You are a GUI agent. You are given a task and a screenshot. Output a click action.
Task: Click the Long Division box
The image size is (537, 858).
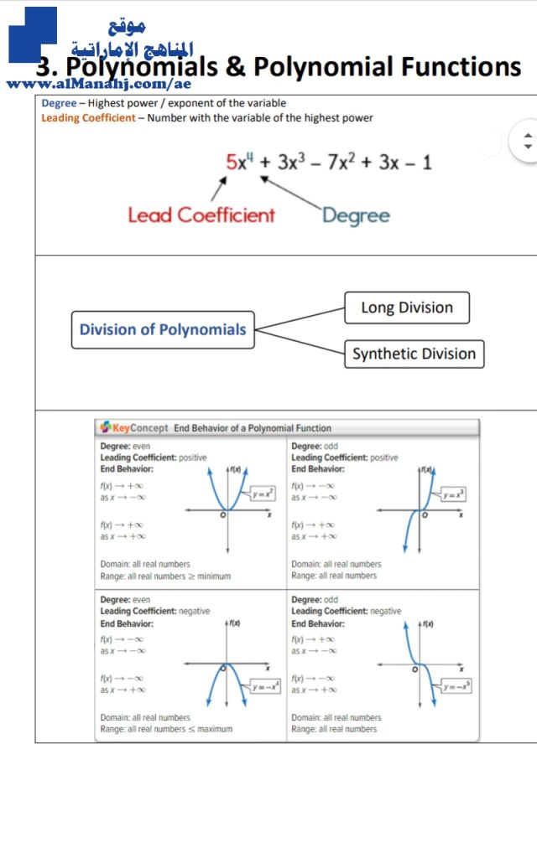point(407,308)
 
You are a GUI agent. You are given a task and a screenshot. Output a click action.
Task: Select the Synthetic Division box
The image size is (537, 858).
point(414,354)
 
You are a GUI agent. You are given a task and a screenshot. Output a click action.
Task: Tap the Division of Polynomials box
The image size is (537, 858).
point(163,329)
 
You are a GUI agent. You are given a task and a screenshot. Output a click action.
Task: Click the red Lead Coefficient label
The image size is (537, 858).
point(201,215)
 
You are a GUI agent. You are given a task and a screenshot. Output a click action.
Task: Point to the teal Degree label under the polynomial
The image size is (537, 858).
point(356,215)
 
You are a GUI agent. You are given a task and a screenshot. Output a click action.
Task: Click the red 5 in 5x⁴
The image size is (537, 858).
point(232,162)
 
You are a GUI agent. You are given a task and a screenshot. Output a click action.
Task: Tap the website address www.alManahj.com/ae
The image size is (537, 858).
point(99,84)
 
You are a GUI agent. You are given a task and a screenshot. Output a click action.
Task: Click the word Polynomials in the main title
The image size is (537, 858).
point(154,67)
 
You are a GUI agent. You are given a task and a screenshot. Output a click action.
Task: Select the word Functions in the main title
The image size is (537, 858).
point(453,67)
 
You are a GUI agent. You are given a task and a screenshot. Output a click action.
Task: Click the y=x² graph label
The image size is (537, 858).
point(263,494)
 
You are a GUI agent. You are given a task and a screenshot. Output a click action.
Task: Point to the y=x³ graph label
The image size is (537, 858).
point(454,494)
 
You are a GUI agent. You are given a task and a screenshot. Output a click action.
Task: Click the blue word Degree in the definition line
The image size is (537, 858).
point(59,103)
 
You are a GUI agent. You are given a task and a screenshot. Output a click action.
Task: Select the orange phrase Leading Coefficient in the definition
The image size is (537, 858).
point(88,118)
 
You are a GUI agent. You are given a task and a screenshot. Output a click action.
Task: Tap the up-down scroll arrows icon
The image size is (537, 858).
point(527,141)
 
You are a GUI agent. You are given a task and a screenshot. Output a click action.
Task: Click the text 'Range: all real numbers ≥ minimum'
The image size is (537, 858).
point(165,576)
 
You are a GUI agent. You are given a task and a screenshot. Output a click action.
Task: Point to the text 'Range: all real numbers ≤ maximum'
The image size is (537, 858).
point(166,729)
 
